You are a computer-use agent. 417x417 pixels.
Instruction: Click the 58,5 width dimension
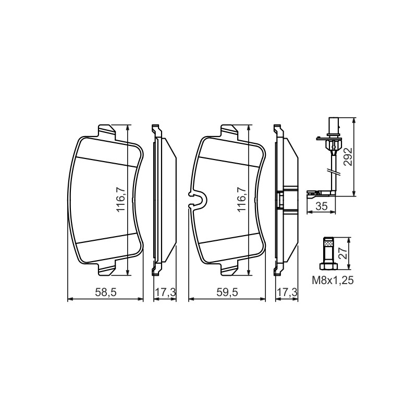[106, 292]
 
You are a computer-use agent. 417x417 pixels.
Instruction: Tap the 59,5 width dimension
[227, 292]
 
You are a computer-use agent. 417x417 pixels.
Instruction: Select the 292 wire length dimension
[348, 157]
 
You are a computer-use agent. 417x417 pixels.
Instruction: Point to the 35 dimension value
[321, 206]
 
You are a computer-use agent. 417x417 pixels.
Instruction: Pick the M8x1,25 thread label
[333, 280]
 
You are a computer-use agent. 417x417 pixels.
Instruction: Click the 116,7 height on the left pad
[121, 199]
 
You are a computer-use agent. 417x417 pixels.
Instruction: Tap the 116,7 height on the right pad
[241, 199]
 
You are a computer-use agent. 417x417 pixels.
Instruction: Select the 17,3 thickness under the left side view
[165, 292]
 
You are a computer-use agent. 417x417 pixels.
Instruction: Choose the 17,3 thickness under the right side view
[287, 292]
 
